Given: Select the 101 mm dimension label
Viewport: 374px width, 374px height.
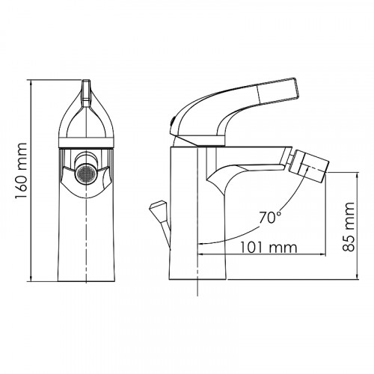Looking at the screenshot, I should coord(269,247).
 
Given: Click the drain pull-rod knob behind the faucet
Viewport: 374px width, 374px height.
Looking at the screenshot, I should coord(159,206).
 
